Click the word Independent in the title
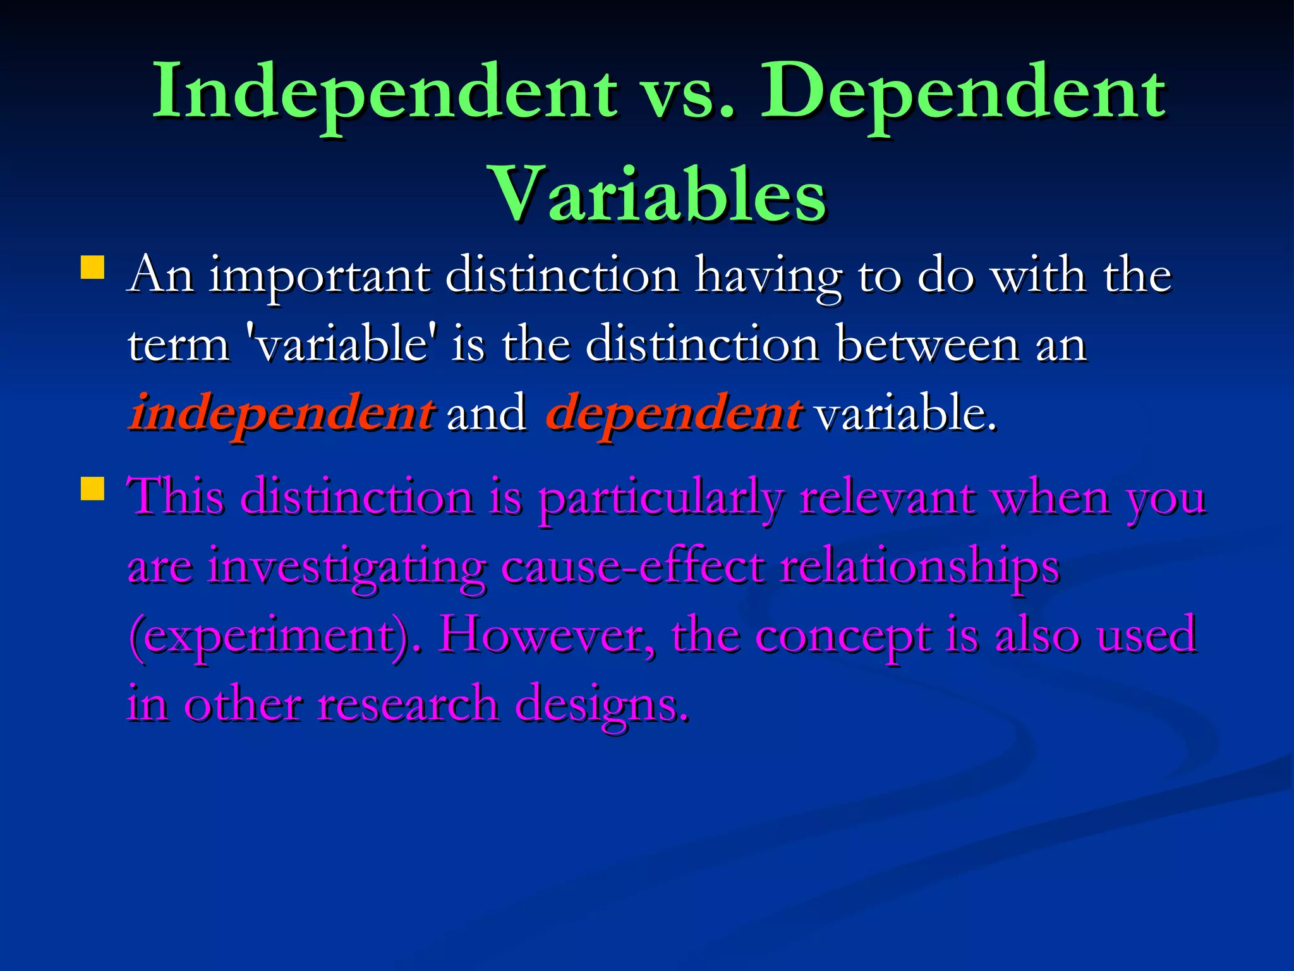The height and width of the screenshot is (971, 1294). coord(384,94)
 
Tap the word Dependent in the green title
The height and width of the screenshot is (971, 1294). coord(962,94)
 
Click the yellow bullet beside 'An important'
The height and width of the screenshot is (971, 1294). coord(93,267)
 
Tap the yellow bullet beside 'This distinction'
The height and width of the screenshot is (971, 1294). coord(93,488)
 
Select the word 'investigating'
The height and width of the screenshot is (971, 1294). coord(347,568)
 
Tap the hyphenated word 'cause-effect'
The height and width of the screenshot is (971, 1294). coord(632,566)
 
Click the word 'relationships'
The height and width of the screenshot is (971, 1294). coord(919,568)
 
